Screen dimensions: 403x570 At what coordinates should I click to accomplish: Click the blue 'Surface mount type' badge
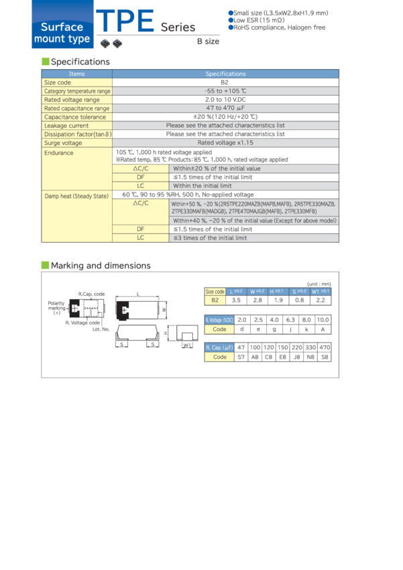(62, 33)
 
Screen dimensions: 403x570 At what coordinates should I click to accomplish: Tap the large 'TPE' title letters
(125, 23)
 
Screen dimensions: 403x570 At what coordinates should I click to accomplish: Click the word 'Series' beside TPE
(178, 27)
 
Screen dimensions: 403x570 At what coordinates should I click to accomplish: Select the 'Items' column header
(77, 74)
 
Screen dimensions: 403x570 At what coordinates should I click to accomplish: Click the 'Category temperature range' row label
(77, 91)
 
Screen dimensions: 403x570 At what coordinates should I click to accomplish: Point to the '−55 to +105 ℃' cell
(225, 91)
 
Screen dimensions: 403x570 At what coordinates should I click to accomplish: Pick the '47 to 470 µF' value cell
(225, 108)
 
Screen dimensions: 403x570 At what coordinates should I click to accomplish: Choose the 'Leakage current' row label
(66, 125)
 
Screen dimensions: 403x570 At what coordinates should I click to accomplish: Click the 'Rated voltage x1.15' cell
(225, 143)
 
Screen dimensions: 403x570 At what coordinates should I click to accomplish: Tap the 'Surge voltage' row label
(63, 143)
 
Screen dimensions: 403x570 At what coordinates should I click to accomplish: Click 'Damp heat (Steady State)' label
(76, 195)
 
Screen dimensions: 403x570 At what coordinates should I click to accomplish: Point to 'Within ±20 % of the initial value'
(217, 168)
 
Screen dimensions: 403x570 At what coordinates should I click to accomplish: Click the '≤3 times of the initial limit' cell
(210, 237)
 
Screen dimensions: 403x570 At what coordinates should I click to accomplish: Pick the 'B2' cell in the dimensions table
(215, 300)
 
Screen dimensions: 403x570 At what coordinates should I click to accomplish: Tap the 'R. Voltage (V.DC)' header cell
(219, 320)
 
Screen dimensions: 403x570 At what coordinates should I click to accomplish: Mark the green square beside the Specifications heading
(45, 61)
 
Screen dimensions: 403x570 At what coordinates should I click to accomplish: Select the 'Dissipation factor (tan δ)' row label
(78, 134)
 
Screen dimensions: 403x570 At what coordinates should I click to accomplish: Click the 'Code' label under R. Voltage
(219, 329)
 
